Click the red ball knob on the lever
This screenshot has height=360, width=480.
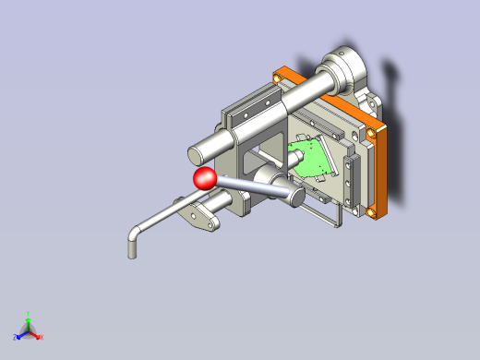click(204, 178)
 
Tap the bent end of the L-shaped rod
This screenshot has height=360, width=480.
click(132, 246)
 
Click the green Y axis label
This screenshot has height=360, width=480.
click(29, 314)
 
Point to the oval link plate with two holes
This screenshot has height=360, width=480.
click(200, 217)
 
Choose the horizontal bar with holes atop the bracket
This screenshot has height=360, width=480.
click(255, 106)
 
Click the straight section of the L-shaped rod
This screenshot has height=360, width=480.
click(166, 216)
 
